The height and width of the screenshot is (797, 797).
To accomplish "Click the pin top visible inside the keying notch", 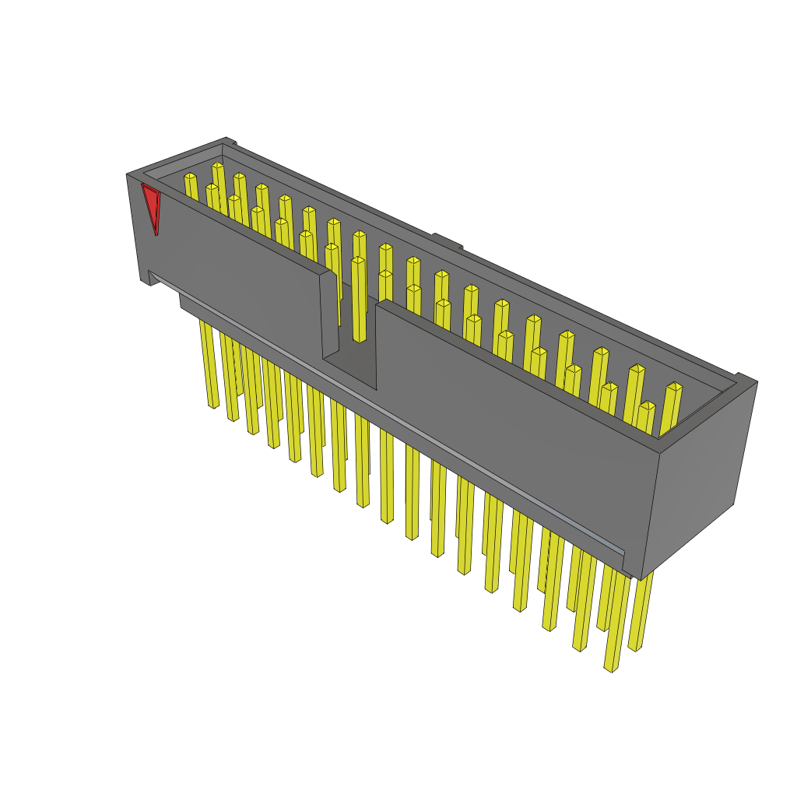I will click(x=358, y=262).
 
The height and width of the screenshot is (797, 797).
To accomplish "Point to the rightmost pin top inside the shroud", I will click(x=674, y=387).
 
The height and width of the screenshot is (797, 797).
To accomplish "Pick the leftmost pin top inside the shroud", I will click(x=190, y=177).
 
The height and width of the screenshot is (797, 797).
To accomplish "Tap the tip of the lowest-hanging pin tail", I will click(x=611, y=668).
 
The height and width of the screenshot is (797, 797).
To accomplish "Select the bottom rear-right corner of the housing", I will click(x=733, y=504).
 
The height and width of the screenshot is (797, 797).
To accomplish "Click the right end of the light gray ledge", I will click(x=623, y=554).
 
